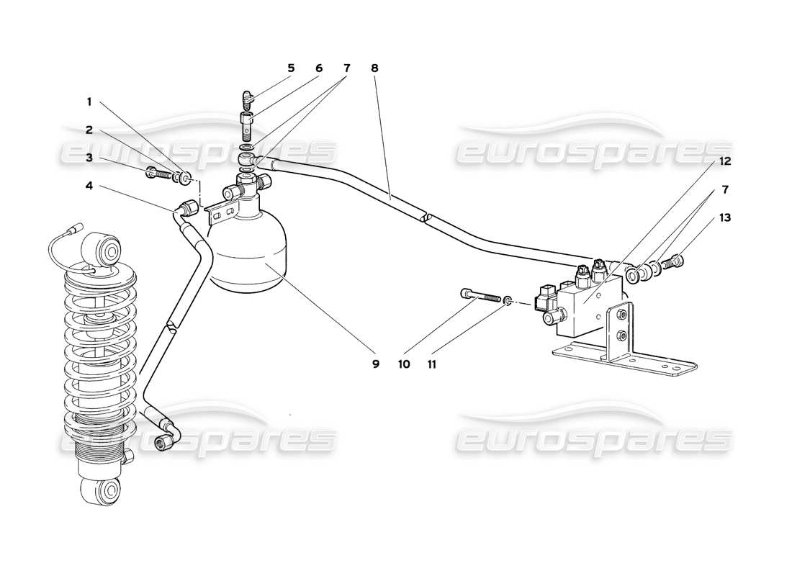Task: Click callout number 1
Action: pyautogui.click(x=89, y=103)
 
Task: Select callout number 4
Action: pyautogui.click(x=89, y=185)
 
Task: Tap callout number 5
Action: pyautogui.click(x=291, y=68)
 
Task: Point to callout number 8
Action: pyautogui.click(x=374, y=68)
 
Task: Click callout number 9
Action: pyautogui.click(x=375, y=364)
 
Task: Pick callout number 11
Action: pyautogui.click(x=431, y=364)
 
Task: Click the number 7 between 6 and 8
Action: pyautogui.click(x=346, y=68)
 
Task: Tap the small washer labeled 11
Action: pyautogui.click(x=509, y=300)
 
